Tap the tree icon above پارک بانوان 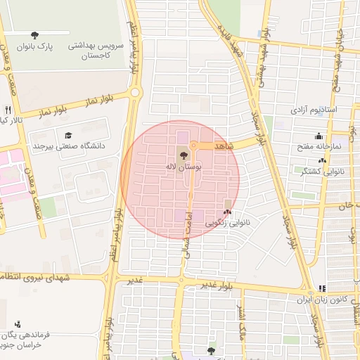point(35,35)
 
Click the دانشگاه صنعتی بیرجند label point(68,146)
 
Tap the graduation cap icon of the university point(68,135)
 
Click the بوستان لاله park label point(183,167)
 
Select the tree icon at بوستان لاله point(184,155)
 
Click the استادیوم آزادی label point(314,110)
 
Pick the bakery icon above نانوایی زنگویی point(226,210)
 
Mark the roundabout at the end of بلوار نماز point(136,92)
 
